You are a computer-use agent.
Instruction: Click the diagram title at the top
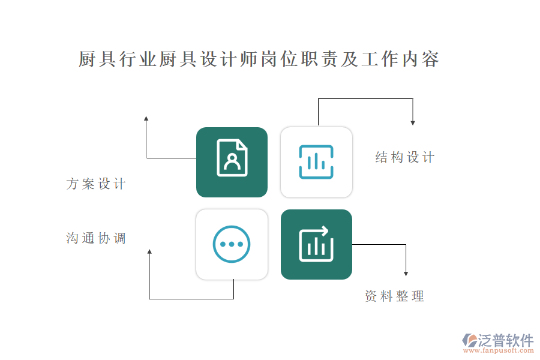point(259,59)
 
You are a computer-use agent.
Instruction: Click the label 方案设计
point(96,184)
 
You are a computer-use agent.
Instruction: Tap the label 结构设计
point(405,157)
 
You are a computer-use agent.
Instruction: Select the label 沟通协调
point(96,238)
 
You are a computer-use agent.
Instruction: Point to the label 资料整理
point(395,296)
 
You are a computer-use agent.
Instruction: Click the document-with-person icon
point(232,158)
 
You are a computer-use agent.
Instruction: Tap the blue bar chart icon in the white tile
point(316,162)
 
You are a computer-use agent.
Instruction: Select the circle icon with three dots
point(232,244)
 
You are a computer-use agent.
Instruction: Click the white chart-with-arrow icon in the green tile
point(316,244)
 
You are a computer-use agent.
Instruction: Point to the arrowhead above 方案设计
point(146,118)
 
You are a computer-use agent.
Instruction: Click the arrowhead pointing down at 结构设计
point(413,123)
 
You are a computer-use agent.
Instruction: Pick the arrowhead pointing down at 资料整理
point(406,274)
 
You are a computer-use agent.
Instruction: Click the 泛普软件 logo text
point(506,340)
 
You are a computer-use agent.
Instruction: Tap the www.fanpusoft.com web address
point(499,350)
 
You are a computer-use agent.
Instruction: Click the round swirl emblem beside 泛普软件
point(470,340)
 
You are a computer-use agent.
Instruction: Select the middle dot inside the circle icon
point(232,244)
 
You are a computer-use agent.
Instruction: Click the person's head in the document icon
point(232,158)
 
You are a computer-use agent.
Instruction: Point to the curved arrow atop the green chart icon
point(320,231)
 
